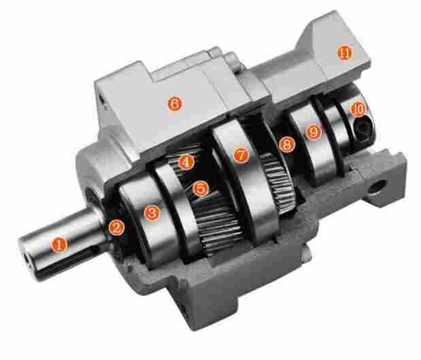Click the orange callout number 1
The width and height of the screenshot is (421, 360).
(60, 243)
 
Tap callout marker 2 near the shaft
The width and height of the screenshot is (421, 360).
(117, 228)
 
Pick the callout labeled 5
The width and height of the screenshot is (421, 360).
(200, 188)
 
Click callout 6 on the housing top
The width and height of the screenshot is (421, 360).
(175, 104)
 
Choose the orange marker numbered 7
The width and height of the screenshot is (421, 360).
(239, 155)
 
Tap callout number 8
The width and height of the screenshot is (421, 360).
(286, 144)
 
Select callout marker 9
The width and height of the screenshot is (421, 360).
(314, 132)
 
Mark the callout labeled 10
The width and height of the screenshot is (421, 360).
(357, 109)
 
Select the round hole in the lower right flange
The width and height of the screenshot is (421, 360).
(376, 184)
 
